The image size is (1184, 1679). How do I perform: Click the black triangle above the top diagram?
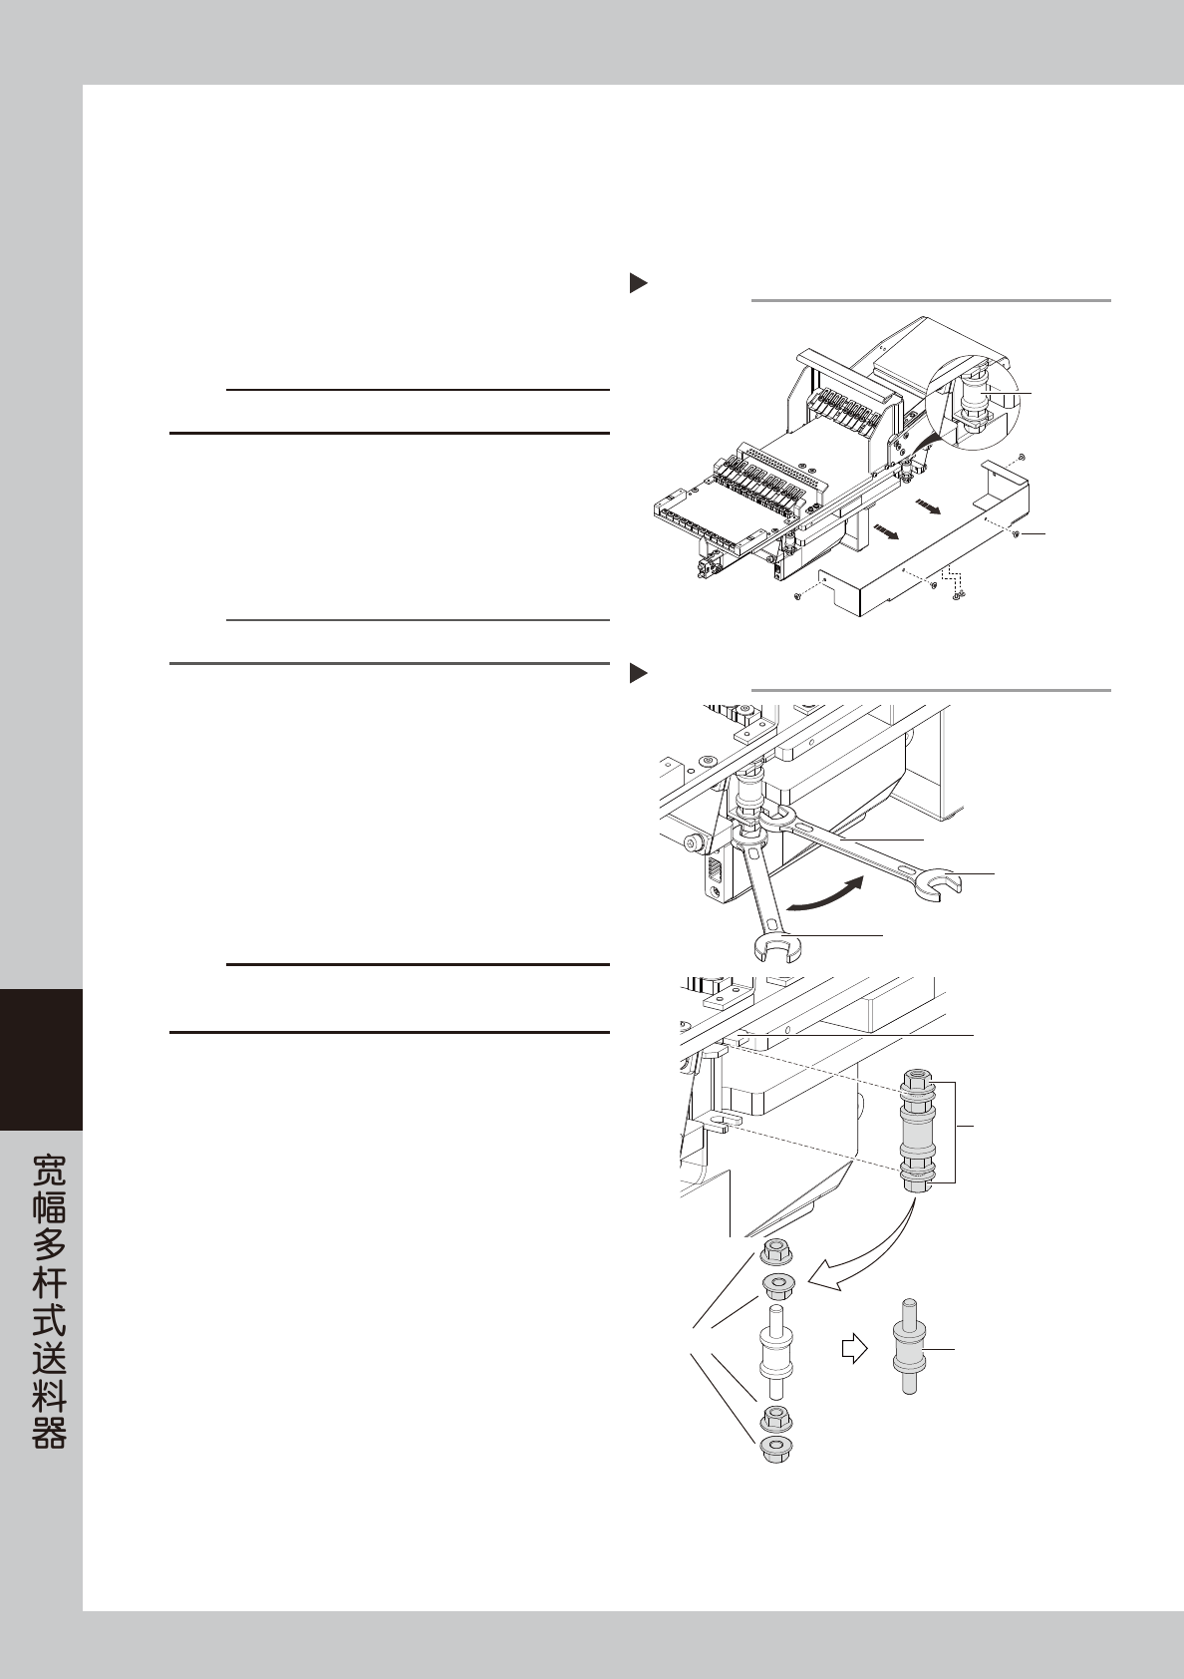tap(638, 284)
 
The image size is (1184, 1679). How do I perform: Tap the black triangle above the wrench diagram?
tap(638, 674)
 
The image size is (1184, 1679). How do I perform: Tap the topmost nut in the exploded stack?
tap(775, 1250)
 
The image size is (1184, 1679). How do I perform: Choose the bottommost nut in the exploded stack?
tap(775, 1450)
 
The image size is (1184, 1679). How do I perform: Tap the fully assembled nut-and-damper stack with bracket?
tap(917, 1132)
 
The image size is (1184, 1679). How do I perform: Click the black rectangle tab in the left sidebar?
tap(41, 1059)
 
